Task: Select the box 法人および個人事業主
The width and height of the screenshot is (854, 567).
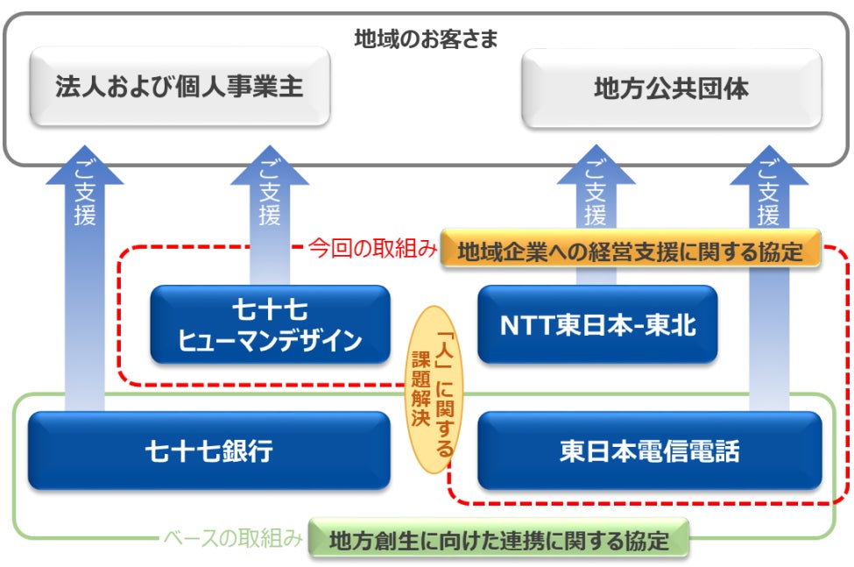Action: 180,87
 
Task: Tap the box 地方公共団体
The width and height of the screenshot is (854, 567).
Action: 671,88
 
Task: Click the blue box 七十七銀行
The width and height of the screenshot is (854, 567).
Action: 208,450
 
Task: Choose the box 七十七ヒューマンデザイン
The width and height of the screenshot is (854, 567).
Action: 270,324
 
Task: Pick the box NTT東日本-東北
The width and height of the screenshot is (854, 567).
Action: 597,324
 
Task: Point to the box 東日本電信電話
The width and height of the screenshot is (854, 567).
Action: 649,450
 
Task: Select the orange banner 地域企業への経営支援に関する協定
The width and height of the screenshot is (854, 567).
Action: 630,252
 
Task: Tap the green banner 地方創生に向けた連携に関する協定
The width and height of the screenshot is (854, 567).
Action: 499,541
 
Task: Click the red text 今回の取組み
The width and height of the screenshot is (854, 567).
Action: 372,250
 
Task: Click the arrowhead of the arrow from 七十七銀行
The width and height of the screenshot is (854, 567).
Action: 85,167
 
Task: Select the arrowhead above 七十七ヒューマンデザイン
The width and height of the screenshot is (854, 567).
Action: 270,167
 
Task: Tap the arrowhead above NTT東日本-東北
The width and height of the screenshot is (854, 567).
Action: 596,167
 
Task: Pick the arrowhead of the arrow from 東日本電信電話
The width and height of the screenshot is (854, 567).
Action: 768,167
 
